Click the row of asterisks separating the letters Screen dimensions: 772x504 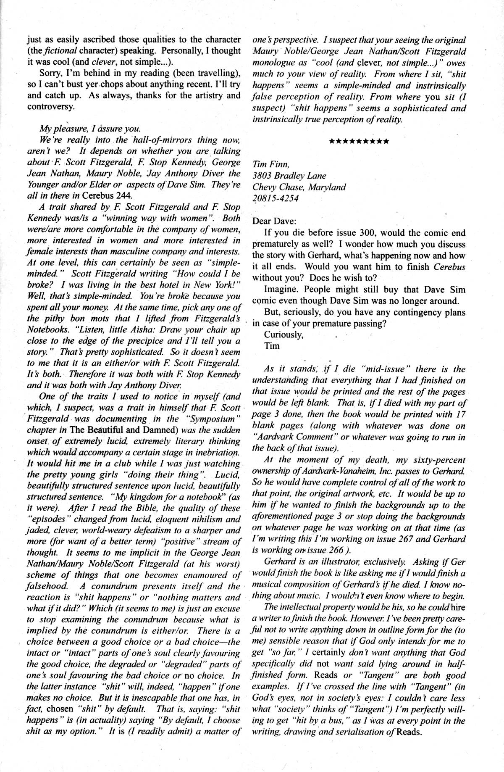359,140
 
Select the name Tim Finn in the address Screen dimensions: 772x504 268,165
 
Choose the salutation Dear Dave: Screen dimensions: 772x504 273,220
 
